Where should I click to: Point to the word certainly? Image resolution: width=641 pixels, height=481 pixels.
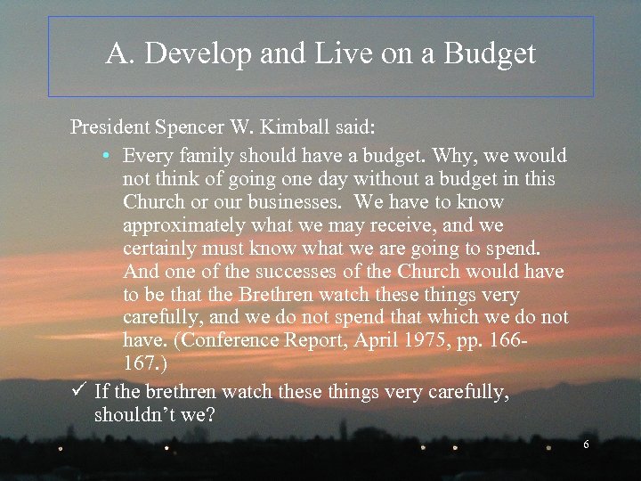click(160, 249)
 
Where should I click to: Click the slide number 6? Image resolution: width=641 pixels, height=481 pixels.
click(586, 444)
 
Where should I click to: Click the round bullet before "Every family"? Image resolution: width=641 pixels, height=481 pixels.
click(105, 157)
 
